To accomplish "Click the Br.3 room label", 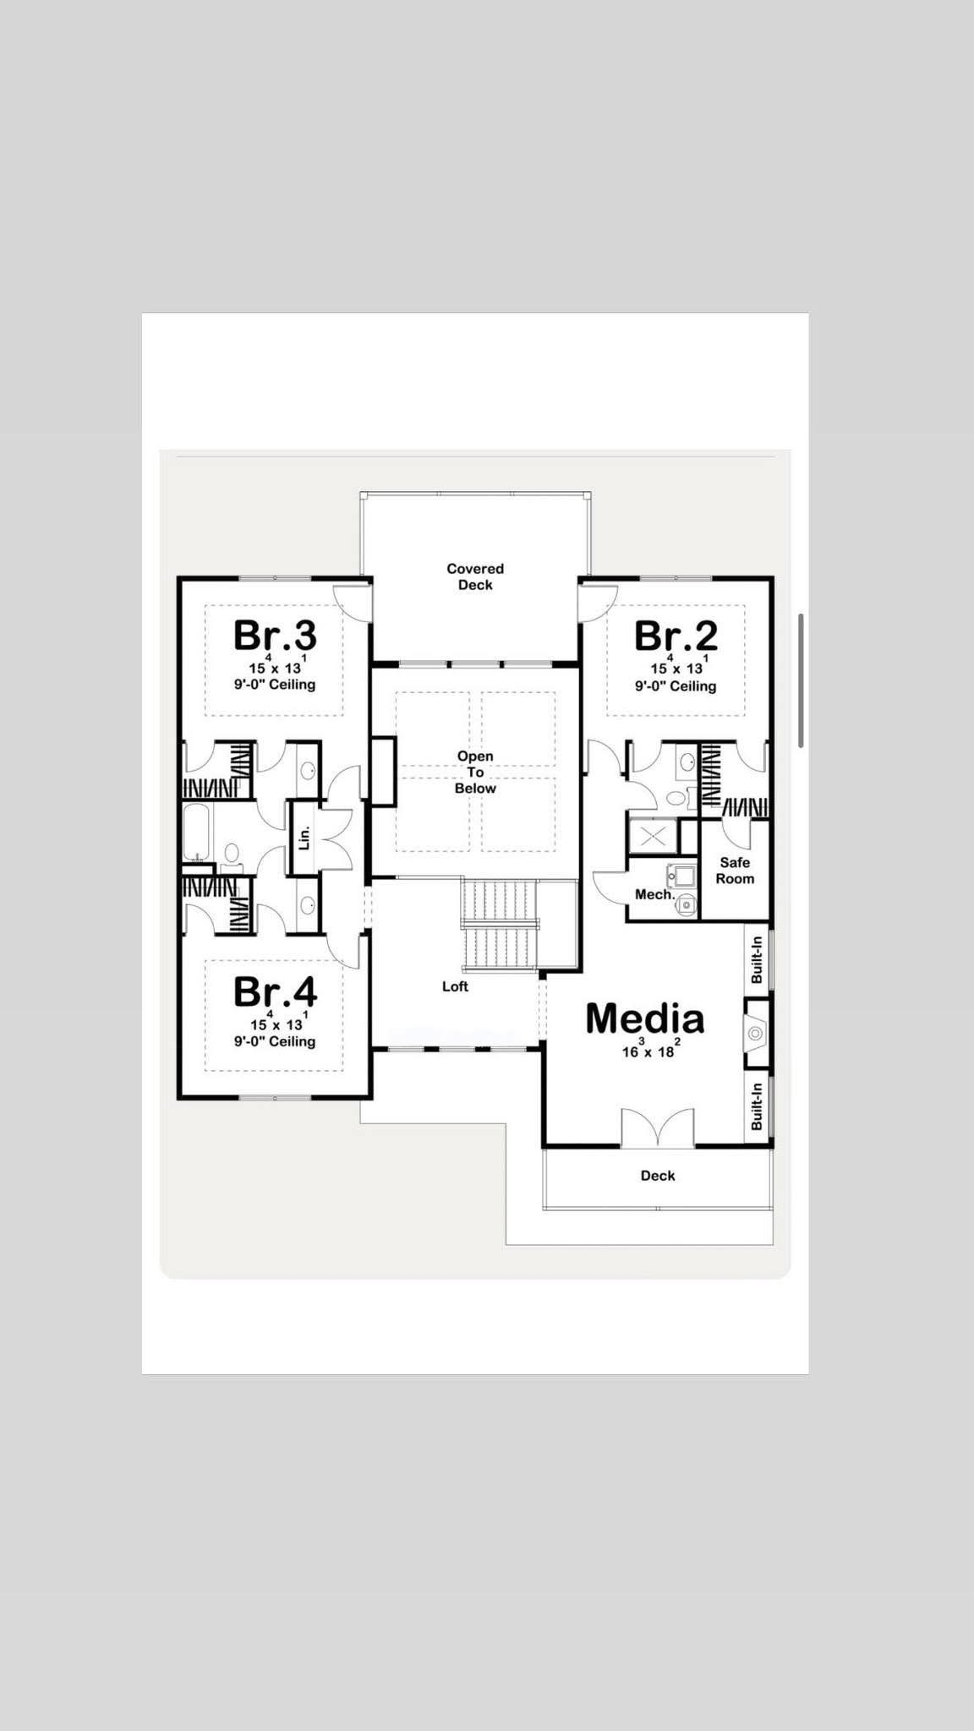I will [x=275, y=636].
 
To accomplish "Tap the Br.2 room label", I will [x=676, y=636].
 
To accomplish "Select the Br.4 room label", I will [x=275, y=991].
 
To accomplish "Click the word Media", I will [x=644, y=1018].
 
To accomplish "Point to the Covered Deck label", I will [x=475, y=576].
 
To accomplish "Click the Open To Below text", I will [x=475, y=772].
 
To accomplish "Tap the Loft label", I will [x=455, y=986].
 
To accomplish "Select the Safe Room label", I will [x=735, y=871].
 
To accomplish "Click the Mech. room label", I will [x=654, y=894].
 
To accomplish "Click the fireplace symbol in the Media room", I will [x=756, y=1033].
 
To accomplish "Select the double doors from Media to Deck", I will [x=658, y=1128].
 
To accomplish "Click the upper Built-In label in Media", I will [x=757, y=959].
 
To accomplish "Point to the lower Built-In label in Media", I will [x=757, y=1106].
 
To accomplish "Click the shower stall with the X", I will [x=653, y=837].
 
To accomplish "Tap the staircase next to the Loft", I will [x=501, y=926].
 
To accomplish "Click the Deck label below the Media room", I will [x=657, y=1176].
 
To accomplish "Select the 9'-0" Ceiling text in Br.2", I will [x=676, y=686].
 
